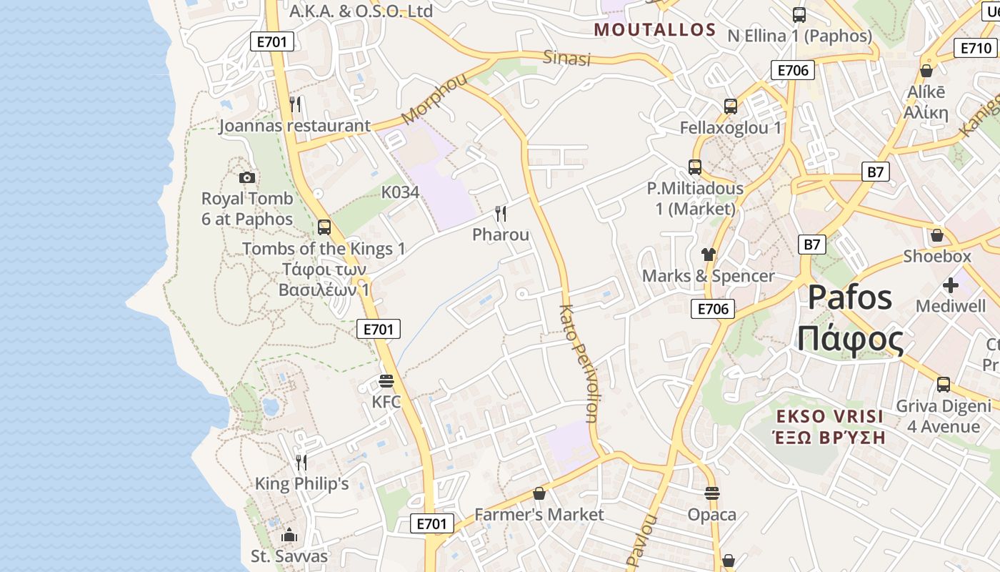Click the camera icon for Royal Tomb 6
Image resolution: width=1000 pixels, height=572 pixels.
[x=247, y=177]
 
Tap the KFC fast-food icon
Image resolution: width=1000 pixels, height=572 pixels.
[x=386, y=380]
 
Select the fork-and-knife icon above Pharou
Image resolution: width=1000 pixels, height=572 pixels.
[x=501, y=213]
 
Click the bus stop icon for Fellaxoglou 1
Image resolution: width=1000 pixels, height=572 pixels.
[x=730, y=107]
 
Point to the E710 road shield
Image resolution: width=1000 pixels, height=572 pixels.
[x=975, y=48]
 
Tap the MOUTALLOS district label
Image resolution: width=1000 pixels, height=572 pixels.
[x=655, y=29]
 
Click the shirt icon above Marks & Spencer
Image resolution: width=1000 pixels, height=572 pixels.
[x=708, y=254]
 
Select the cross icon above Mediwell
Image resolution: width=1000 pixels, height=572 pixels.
[x=951, y=285]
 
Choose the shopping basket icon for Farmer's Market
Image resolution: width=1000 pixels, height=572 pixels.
[x=539, y=493]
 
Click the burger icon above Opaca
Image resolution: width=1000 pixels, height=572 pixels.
[x=711, y=493]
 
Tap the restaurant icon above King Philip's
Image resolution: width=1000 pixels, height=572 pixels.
[x=301, y=462]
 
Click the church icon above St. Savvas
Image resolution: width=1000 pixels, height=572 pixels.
[x=289, y=535]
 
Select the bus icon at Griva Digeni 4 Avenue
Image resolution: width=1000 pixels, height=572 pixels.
[x=944, y=384]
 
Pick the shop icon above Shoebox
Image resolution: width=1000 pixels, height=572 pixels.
[x=937, y=235]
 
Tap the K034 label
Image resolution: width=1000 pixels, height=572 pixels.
[x=400, y=192]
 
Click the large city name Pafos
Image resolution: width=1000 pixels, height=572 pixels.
[x=850, y=297]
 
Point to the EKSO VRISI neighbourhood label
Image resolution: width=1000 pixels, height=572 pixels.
[x=830, y=416]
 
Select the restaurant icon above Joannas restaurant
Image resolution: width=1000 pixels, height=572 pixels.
[x=295, y=104]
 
